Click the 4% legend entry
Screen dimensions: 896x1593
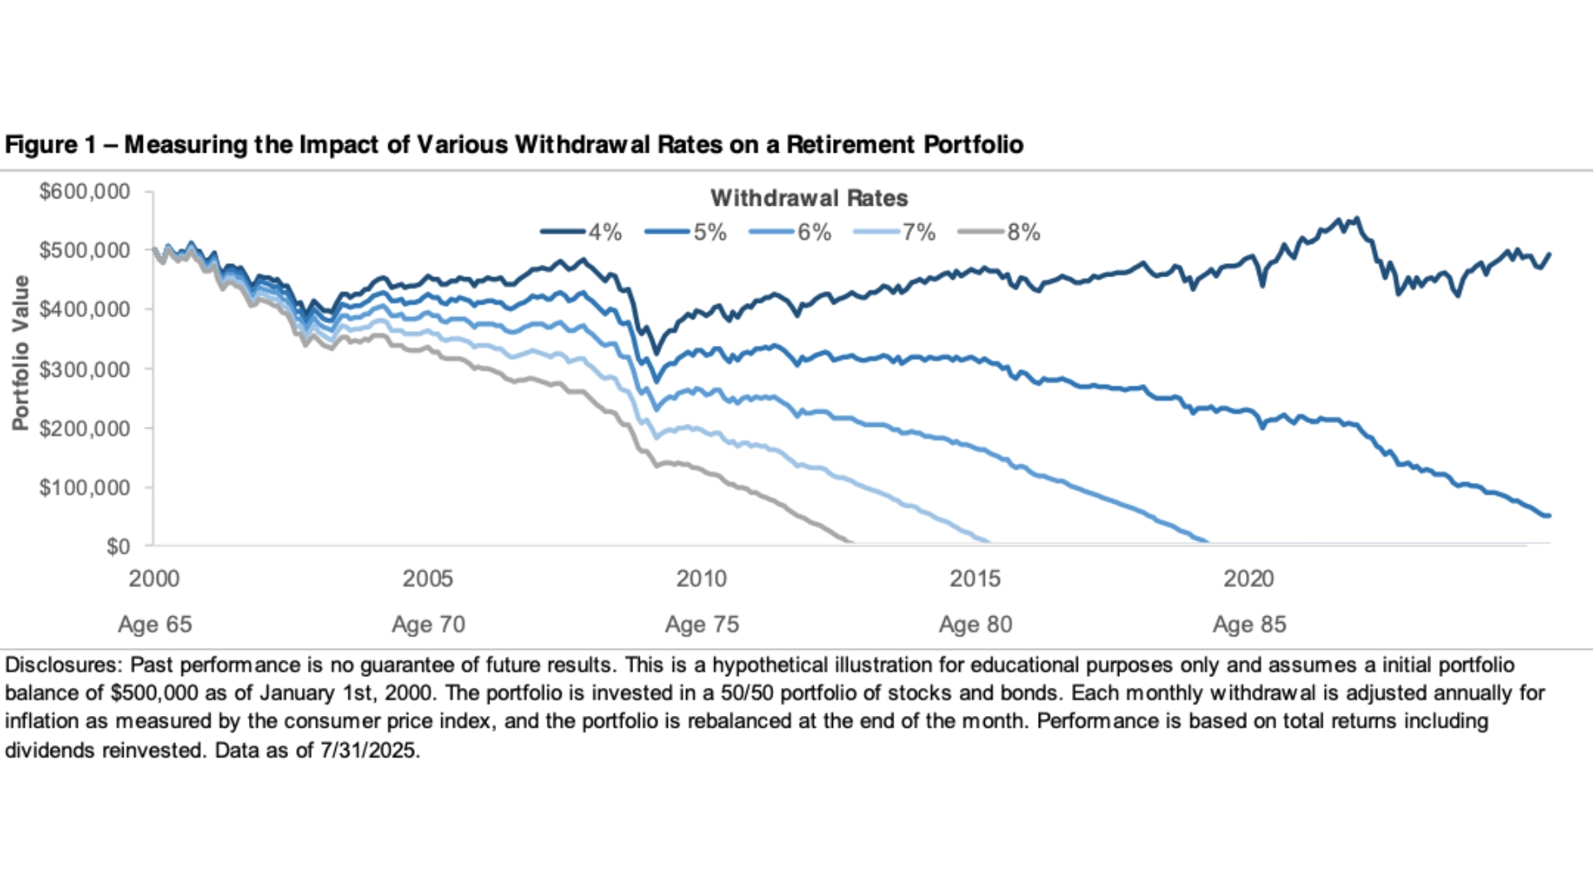[x=581, y=232]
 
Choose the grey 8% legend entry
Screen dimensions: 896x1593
[x=999, y=232]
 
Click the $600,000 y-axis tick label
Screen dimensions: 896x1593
[x=85, y=192]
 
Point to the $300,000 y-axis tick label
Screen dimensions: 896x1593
[x=85, y=369]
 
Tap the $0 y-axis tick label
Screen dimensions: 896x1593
[x=118, y=546]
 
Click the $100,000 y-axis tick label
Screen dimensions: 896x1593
[x=85, y=488]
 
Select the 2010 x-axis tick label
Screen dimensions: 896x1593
[x=701, y=578]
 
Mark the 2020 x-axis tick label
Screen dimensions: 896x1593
[x=1249, y=578]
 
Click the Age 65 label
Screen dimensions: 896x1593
[x=155, y=625]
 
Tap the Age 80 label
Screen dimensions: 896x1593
[x=976, y=625]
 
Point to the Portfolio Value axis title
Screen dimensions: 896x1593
[x=21, y=353]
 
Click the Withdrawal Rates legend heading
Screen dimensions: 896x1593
[x=809, y=198]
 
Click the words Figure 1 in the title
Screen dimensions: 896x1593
[x=51, y=145]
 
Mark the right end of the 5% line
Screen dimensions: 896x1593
[x=1548, y=516]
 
